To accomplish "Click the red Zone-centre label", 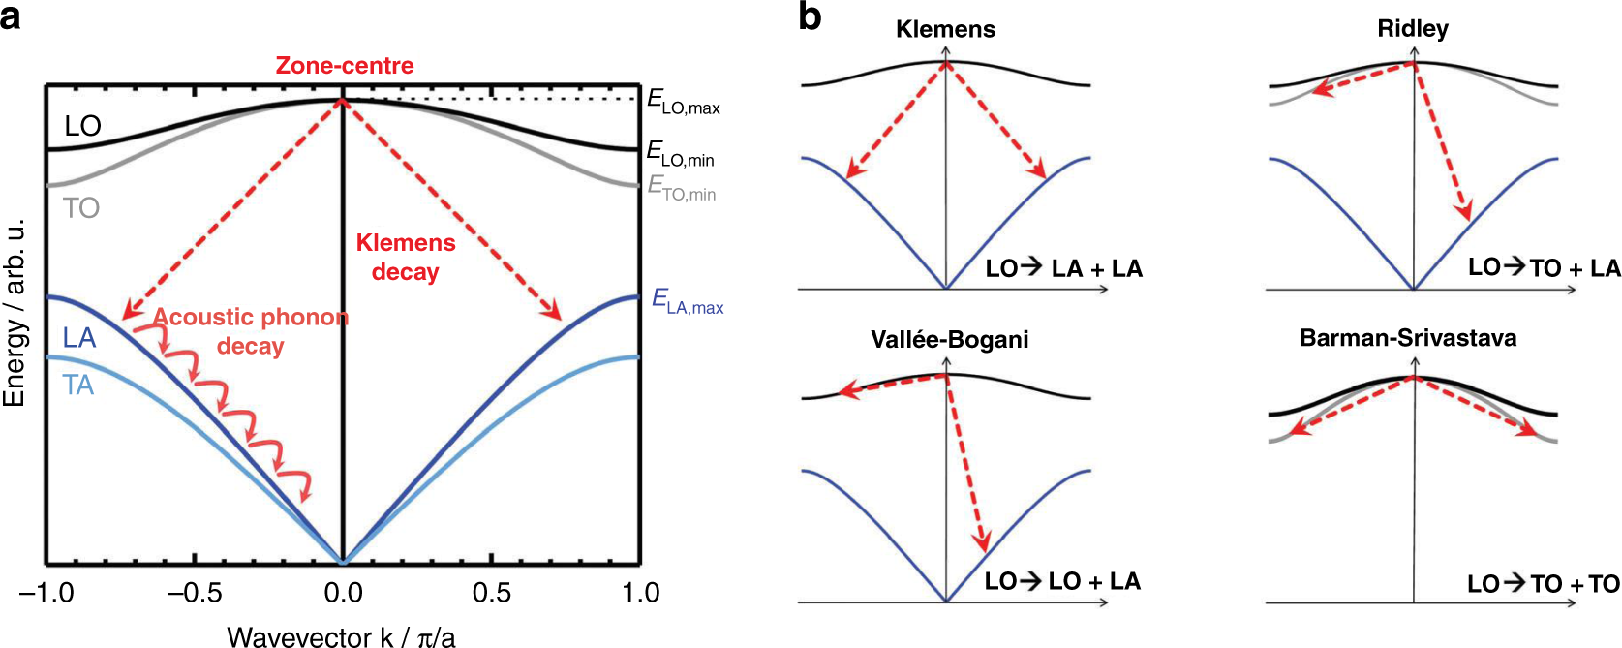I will (345, 66).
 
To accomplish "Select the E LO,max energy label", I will (683, 102).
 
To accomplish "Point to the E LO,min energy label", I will (680, 154).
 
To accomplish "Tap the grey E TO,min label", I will (681, 188).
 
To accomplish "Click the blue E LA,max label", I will (687, 301).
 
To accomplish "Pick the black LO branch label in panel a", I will (82, 126).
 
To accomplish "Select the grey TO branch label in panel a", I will (81, 208).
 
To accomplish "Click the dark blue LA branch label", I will (79, 338).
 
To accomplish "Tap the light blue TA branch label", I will (78, 386).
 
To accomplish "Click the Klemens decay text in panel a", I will (406, 258).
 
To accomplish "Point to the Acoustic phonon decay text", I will (250, 331).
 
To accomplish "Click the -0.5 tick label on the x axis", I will (195, 593).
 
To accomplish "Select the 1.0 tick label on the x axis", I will (640, 593).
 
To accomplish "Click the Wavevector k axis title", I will (341, 636).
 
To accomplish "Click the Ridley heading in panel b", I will (1413, 29).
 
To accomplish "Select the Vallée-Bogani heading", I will (949, 340).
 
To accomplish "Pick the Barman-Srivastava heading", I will (1408, 338).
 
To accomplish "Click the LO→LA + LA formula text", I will (1063, 269).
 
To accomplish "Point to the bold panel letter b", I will (810, 16).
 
